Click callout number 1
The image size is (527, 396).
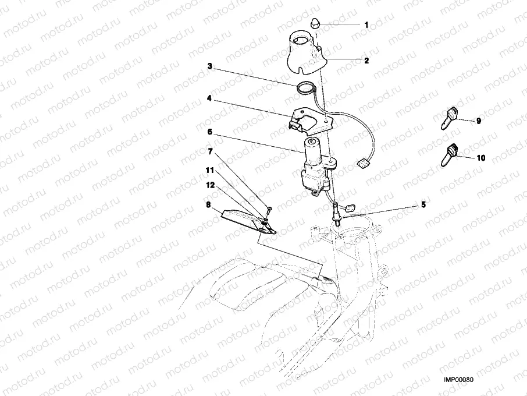[x=366, y=25]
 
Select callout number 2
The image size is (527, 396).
[x=366, y=60]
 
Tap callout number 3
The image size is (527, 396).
[x=209, y=66]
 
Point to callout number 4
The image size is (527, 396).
[x=209, y=98]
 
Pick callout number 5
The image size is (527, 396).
[x=423, y=205]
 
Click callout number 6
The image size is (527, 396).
[x=209, y=133]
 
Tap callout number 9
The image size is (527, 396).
[x=478, y=121]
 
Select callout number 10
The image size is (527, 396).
[x=480, y=158]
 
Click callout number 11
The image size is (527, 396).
[x=209, y=170]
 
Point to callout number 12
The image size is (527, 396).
[x=209, y=185]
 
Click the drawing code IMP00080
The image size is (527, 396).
[x=460, y=380]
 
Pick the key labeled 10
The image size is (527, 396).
[x=451, y=153]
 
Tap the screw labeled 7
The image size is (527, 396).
[x=269, y=209]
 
